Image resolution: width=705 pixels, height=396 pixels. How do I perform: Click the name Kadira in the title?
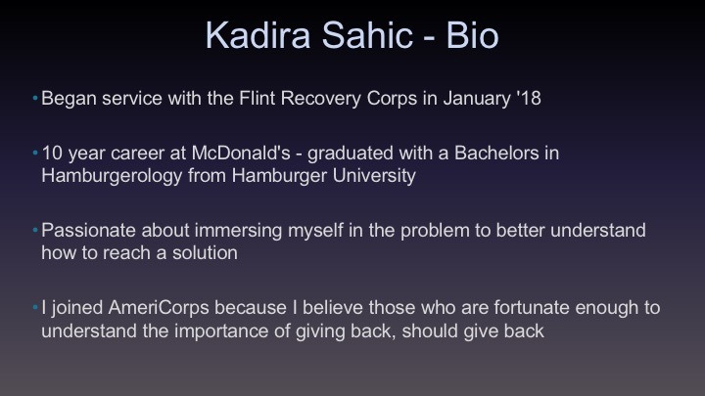pyautogui.click(x=258, y=35)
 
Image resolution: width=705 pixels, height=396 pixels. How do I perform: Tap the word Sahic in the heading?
pyautogui.click(x=367, y=35)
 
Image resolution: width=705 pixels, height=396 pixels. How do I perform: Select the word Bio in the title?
pyautogui.click(x=472, y=35)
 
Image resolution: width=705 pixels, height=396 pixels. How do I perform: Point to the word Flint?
pyautogui.click(x=257, y=99)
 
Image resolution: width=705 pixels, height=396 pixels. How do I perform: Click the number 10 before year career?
pyautogui.click(x=52, y=154)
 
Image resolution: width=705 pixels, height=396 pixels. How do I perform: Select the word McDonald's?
pyautogui.click(x=241, y=154)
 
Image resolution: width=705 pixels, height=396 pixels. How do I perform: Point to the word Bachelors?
pyautogui.click(x=496, y=154)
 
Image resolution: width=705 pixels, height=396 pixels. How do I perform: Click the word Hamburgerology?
pyautogui.click(x=112, y=176)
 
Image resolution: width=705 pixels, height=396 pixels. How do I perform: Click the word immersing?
pyautogui.click(x=238, y=231)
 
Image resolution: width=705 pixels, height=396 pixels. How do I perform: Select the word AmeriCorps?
pyautogui.click(x=159, y=308)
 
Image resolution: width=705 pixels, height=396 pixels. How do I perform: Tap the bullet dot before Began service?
pyautogui.click(x=35, y=98)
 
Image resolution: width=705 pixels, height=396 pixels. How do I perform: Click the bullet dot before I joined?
pyautogui.click(x=35, y=307)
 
